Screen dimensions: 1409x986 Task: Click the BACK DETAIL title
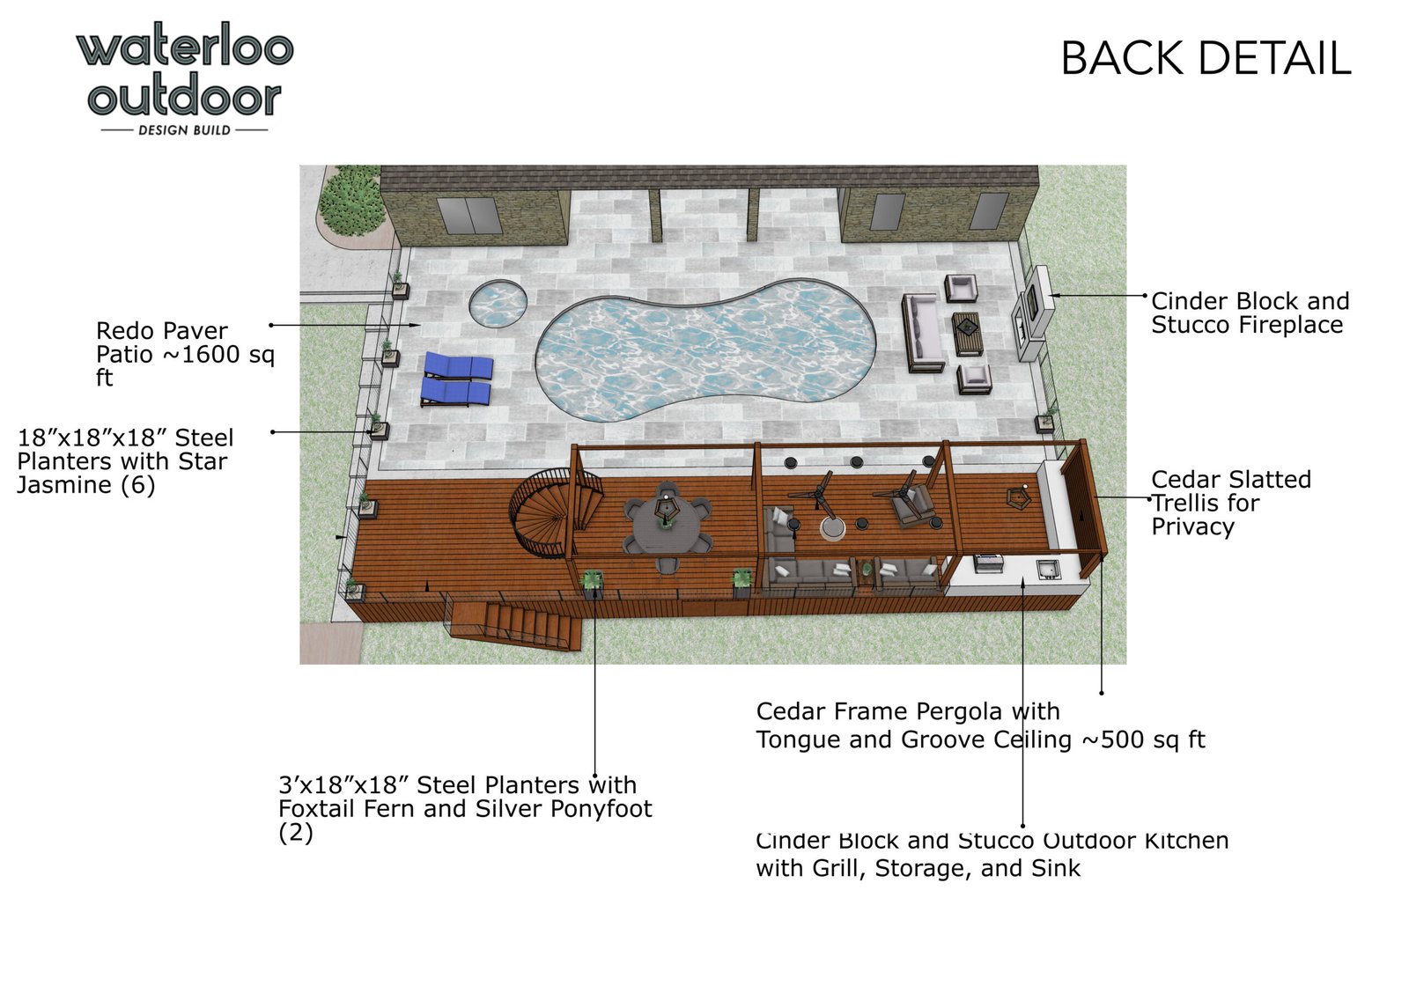[1206, 58]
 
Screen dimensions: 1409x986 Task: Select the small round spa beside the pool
[498, 304]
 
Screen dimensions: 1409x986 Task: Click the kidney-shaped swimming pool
[705, 350]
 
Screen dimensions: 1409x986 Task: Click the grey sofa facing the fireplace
[923, 334]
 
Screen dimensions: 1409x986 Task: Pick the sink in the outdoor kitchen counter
[1048, 569]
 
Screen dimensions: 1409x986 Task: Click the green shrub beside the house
[351, 201]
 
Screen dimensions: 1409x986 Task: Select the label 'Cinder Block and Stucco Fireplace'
[1250, 313]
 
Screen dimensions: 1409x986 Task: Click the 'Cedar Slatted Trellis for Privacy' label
[1231, 503]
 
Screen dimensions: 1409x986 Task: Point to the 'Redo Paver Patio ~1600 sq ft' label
[185, 354]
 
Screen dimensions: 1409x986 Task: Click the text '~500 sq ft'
[1143, 739]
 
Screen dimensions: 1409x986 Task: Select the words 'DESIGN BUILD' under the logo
[184, 130]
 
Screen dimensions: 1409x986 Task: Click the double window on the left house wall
[470, 215]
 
